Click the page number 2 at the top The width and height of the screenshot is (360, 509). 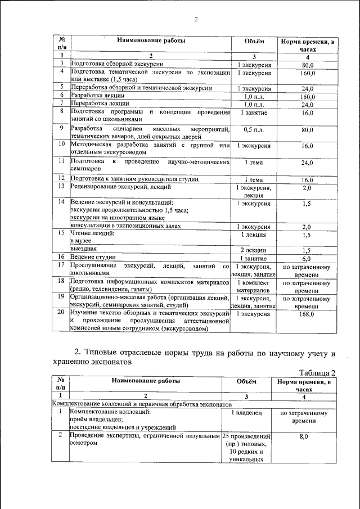coord(196,20)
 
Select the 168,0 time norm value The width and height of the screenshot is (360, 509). coord(307,315)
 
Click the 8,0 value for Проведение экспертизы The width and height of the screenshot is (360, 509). coord(304,436)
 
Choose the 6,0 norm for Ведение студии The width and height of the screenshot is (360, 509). coord(307,258)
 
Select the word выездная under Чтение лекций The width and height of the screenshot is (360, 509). coord(83,249)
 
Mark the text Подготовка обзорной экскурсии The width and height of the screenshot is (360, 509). coord(116,64)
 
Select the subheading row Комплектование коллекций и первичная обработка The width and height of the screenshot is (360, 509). coord(141,404)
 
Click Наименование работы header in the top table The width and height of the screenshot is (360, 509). coord(151,40)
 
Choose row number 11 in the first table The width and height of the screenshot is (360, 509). coord(61,161)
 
